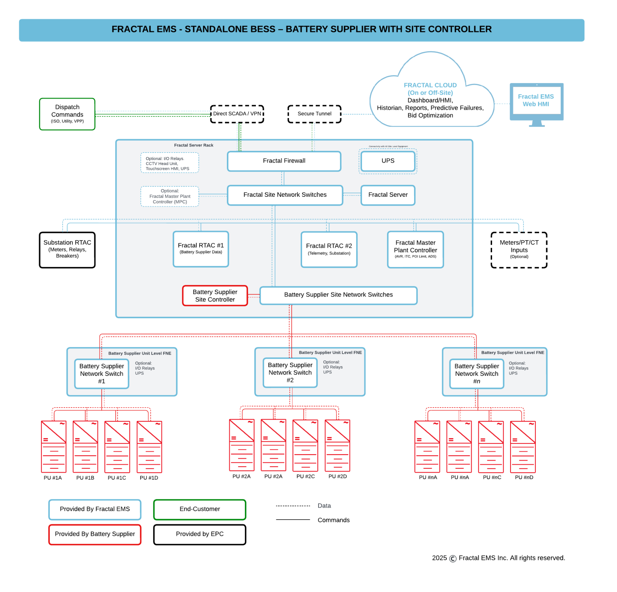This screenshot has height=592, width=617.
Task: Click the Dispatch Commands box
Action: point(67,114)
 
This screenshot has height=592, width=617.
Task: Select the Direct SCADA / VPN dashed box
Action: point(237,114)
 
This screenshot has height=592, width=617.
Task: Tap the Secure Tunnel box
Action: point(314,114)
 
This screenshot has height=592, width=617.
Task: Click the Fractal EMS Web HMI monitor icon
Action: point(536,103)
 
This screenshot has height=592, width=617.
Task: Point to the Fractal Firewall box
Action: point(284,161)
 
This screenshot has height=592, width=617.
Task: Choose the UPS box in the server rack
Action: point(388,161)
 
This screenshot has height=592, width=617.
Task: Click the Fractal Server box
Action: point(388,195)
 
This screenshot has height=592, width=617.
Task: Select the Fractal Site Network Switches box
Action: point(285,195)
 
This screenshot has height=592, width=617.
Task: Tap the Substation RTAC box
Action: point(67,250)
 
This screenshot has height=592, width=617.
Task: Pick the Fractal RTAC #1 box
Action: point(200,249)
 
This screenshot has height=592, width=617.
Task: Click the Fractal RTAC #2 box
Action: point(329,249)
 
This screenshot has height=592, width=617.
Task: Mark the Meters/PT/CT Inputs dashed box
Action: point(519,250)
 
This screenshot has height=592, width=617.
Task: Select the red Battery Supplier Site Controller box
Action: point(215,296)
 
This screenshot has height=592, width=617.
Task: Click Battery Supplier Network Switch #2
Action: point(290,373)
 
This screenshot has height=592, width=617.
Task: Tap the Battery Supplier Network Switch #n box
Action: point(476,374)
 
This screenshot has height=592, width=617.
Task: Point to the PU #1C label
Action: point(117,478)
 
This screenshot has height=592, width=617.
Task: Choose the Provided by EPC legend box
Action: point(200,534)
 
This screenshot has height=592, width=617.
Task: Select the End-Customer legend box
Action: point(200,509)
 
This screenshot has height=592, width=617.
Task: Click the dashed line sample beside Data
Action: point(293,506)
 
